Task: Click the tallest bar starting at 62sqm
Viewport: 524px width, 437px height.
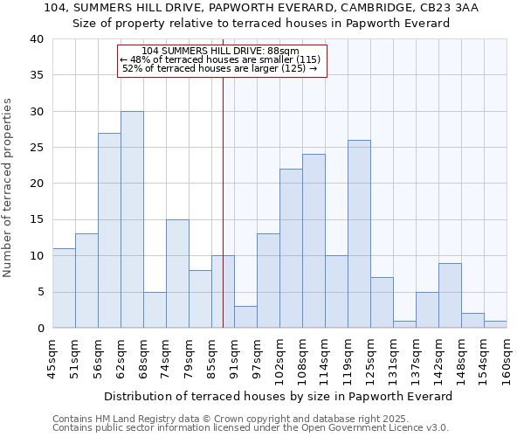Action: coord(132,219)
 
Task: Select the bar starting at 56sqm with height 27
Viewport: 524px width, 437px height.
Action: coord(109,231)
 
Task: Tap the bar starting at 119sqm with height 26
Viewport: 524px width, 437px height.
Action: coord(359,234)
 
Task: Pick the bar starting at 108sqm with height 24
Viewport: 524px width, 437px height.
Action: coord(314,241)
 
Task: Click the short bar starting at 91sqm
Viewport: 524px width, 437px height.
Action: coord(245,317)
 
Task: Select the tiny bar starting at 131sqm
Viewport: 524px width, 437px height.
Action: coord(404,324)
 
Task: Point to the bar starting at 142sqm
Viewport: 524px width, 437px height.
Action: coord(450,295)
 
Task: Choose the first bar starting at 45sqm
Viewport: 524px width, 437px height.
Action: coord(64,288)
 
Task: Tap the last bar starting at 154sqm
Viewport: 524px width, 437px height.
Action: coord(495,324)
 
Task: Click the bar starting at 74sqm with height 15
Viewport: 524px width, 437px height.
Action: coord(177,274)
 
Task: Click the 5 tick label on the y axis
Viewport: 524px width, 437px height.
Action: coord(39,292)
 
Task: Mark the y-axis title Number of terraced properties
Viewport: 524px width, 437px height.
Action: coord(9,187)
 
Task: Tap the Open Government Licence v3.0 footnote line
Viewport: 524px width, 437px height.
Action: coord(251,427)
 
